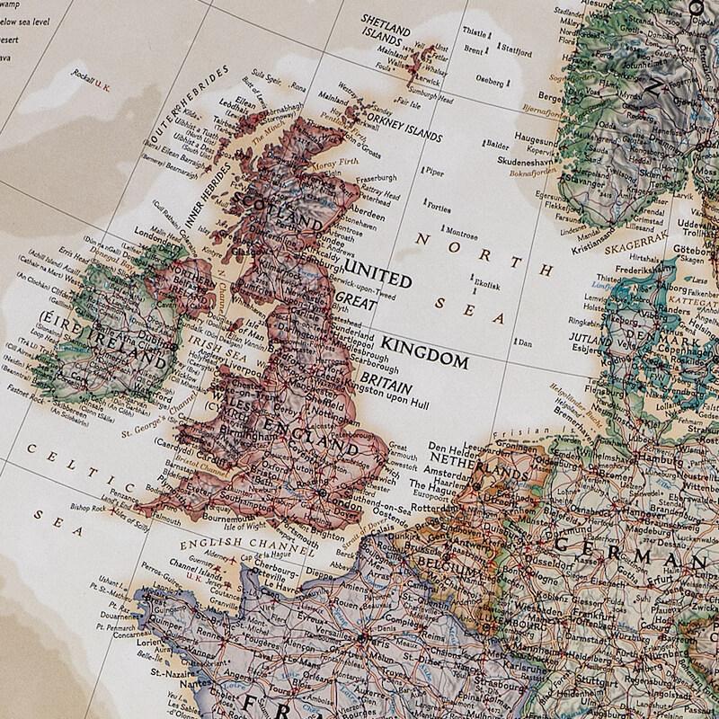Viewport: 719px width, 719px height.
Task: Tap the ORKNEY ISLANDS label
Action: coord(403,128)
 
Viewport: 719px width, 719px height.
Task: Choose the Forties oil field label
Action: coord(439,208)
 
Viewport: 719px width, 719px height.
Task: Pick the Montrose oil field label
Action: coord(462,235)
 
